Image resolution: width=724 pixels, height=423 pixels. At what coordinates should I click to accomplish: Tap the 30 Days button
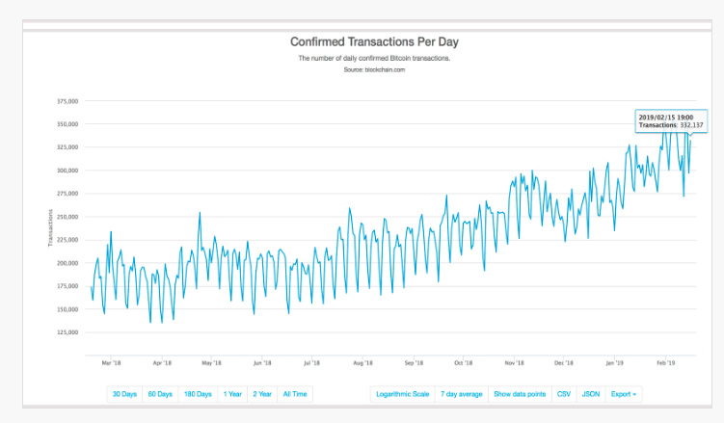125,393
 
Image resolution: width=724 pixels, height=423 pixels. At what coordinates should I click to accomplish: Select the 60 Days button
160,393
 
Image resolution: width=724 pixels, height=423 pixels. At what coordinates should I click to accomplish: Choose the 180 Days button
198,393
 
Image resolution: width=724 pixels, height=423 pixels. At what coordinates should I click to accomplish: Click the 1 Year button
232,393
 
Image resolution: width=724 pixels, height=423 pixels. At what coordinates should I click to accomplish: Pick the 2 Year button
262,393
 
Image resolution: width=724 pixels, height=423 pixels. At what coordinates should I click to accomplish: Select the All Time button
295,393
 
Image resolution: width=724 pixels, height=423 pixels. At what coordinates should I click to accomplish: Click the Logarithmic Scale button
402,393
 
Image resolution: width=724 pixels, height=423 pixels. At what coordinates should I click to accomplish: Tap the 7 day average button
462,393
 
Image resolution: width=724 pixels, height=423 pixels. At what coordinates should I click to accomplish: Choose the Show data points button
521,393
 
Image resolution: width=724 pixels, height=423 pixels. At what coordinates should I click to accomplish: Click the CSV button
564,393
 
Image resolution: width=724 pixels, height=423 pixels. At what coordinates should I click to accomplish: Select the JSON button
592,393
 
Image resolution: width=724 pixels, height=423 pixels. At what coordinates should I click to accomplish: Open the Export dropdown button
624,393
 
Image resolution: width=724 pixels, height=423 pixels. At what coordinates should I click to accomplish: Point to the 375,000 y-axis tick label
67,101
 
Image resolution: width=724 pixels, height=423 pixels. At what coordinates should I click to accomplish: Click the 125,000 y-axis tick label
67,332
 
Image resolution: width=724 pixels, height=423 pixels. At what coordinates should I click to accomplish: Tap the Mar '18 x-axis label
111,364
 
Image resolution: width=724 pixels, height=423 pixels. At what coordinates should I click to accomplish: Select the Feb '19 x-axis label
666,364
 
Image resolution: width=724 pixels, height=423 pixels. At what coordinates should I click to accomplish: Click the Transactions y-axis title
50,227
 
